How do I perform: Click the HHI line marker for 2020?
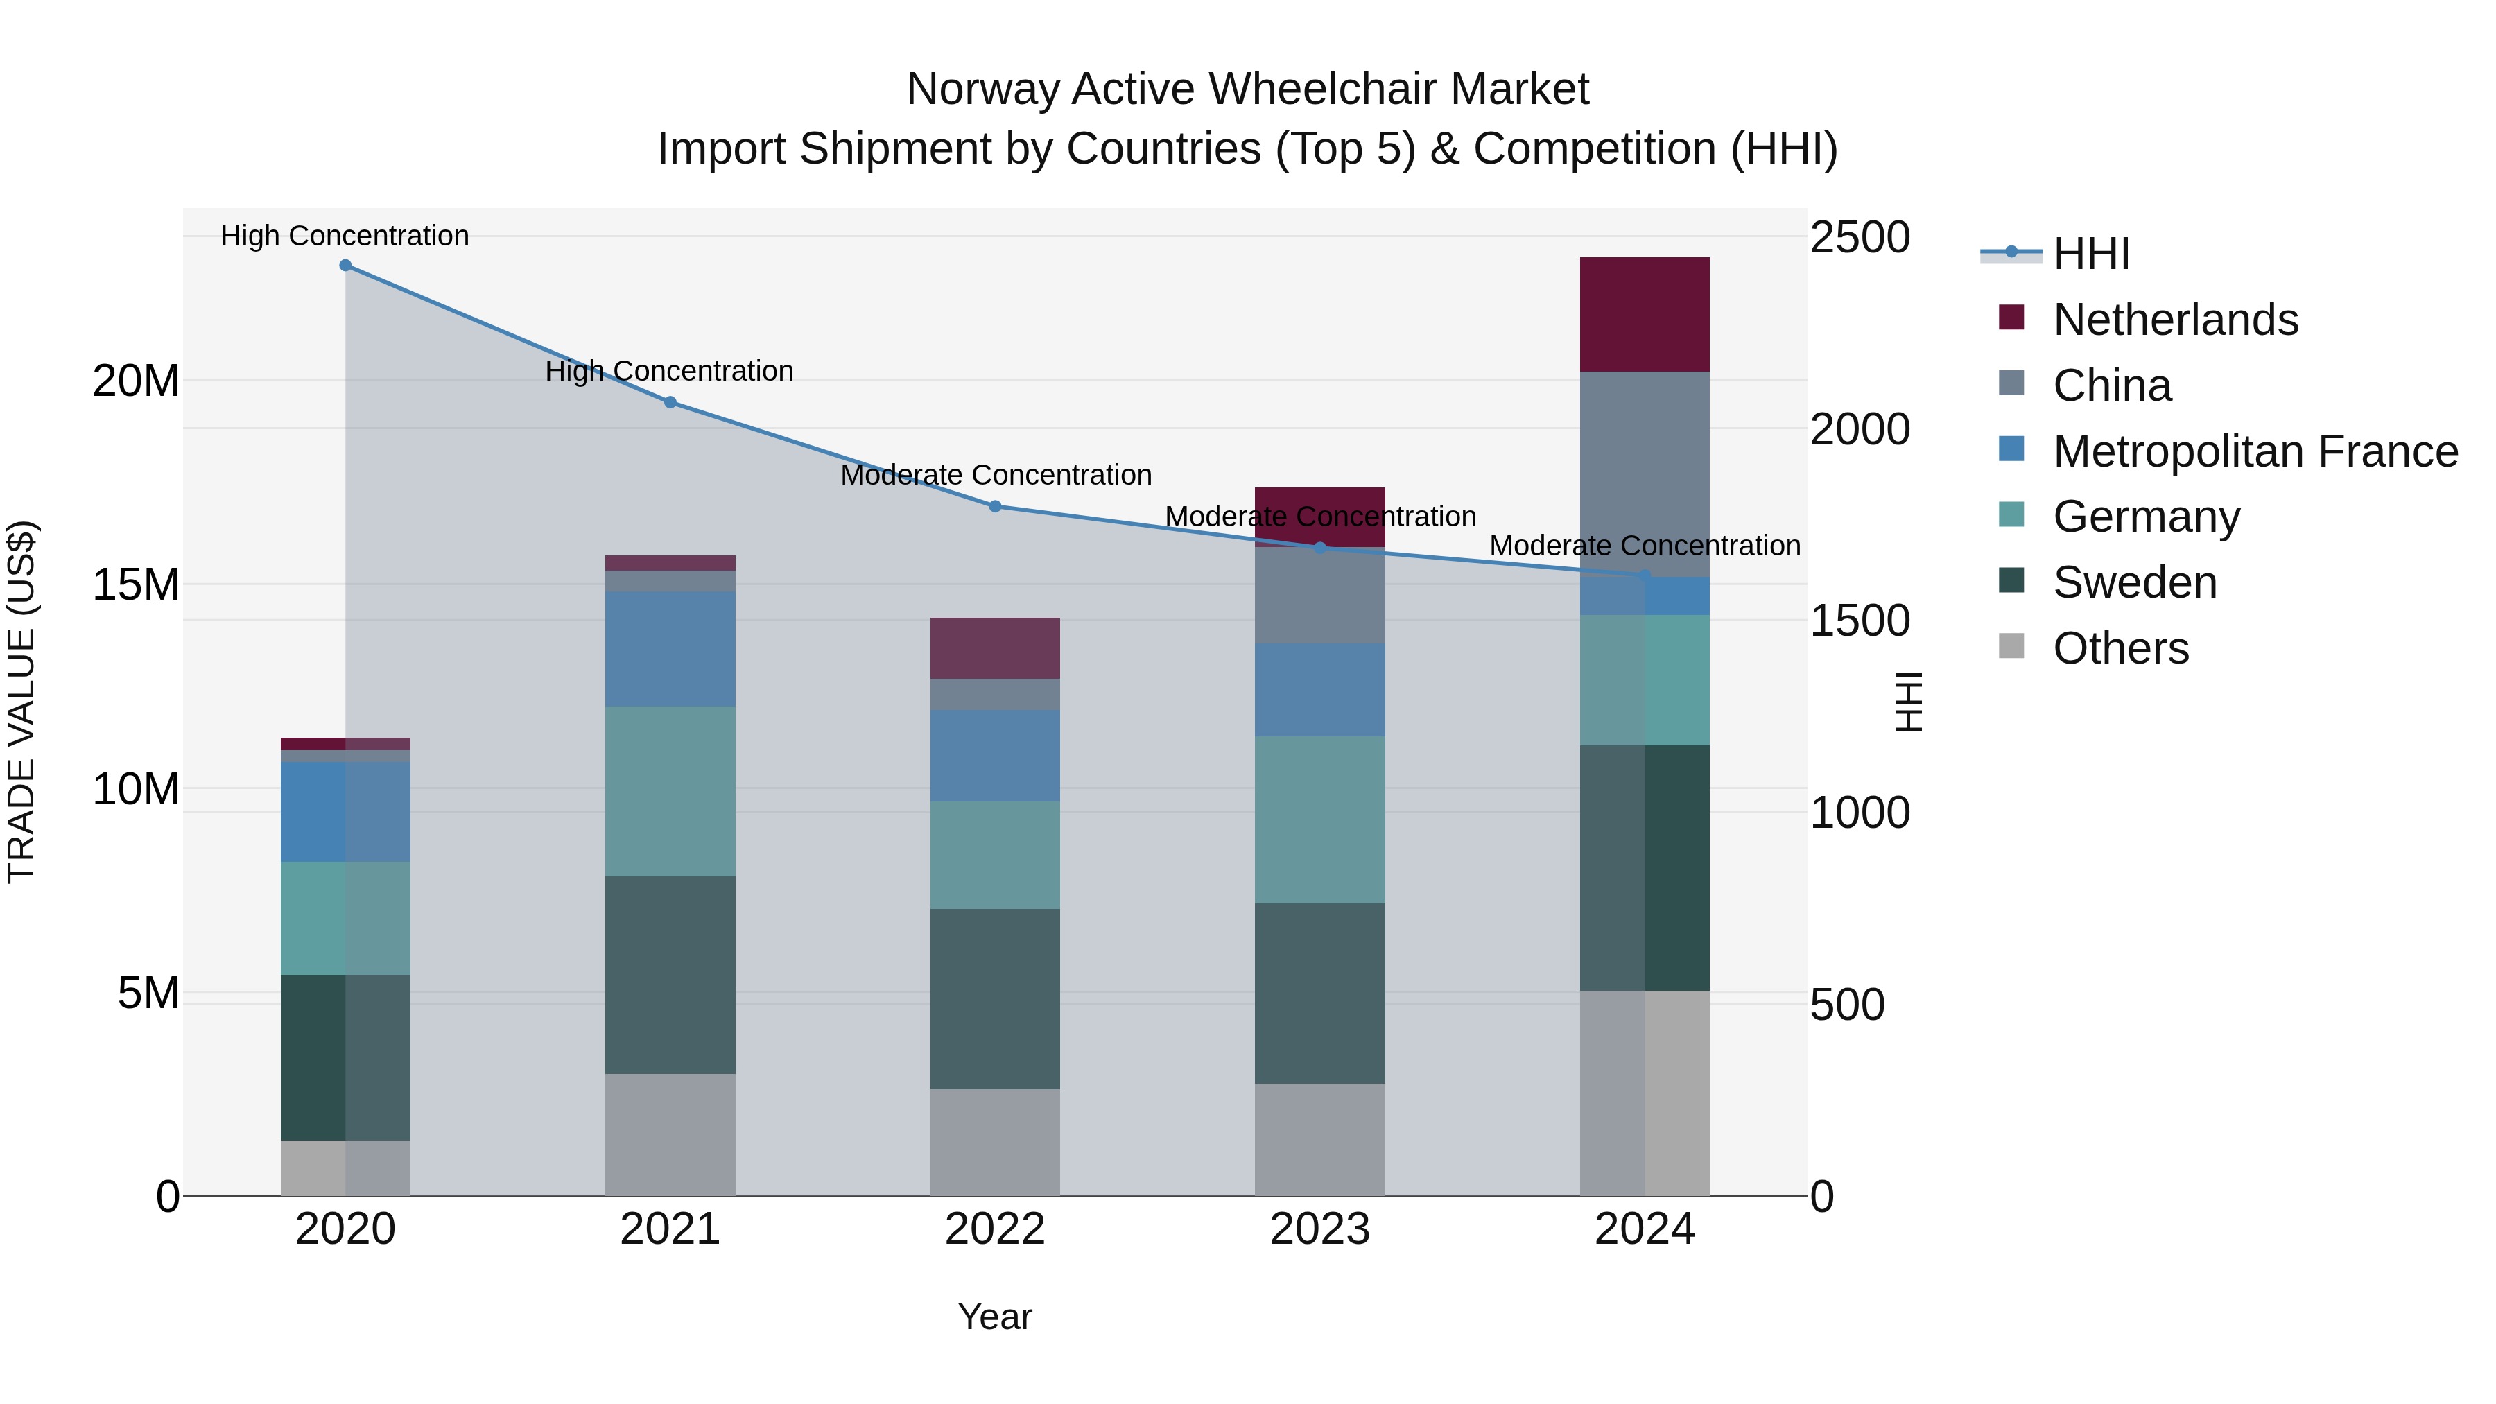coord(345,266)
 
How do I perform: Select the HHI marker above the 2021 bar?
coord(670,402)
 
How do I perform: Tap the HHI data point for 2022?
coord(994,506)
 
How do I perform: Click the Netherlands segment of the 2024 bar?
coord(1645,315)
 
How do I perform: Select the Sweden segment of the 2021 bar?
coord(670,974)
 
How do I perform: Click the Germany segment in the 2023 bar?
coord(1319,820)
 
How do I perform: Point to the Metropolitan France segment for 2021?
coord(670,648)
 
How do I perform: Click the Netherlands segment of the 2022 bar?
coord(994,648)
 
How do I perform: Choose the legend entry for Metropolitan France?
coord(2254,451)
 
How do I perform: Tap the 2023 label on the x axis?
coord(1319,1229)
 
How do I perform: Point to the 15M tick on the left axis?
coord(136,584)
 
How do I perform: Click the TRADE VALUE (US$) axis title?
coord(21,702)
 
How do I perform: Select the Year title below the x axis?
coord(994,1317)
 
